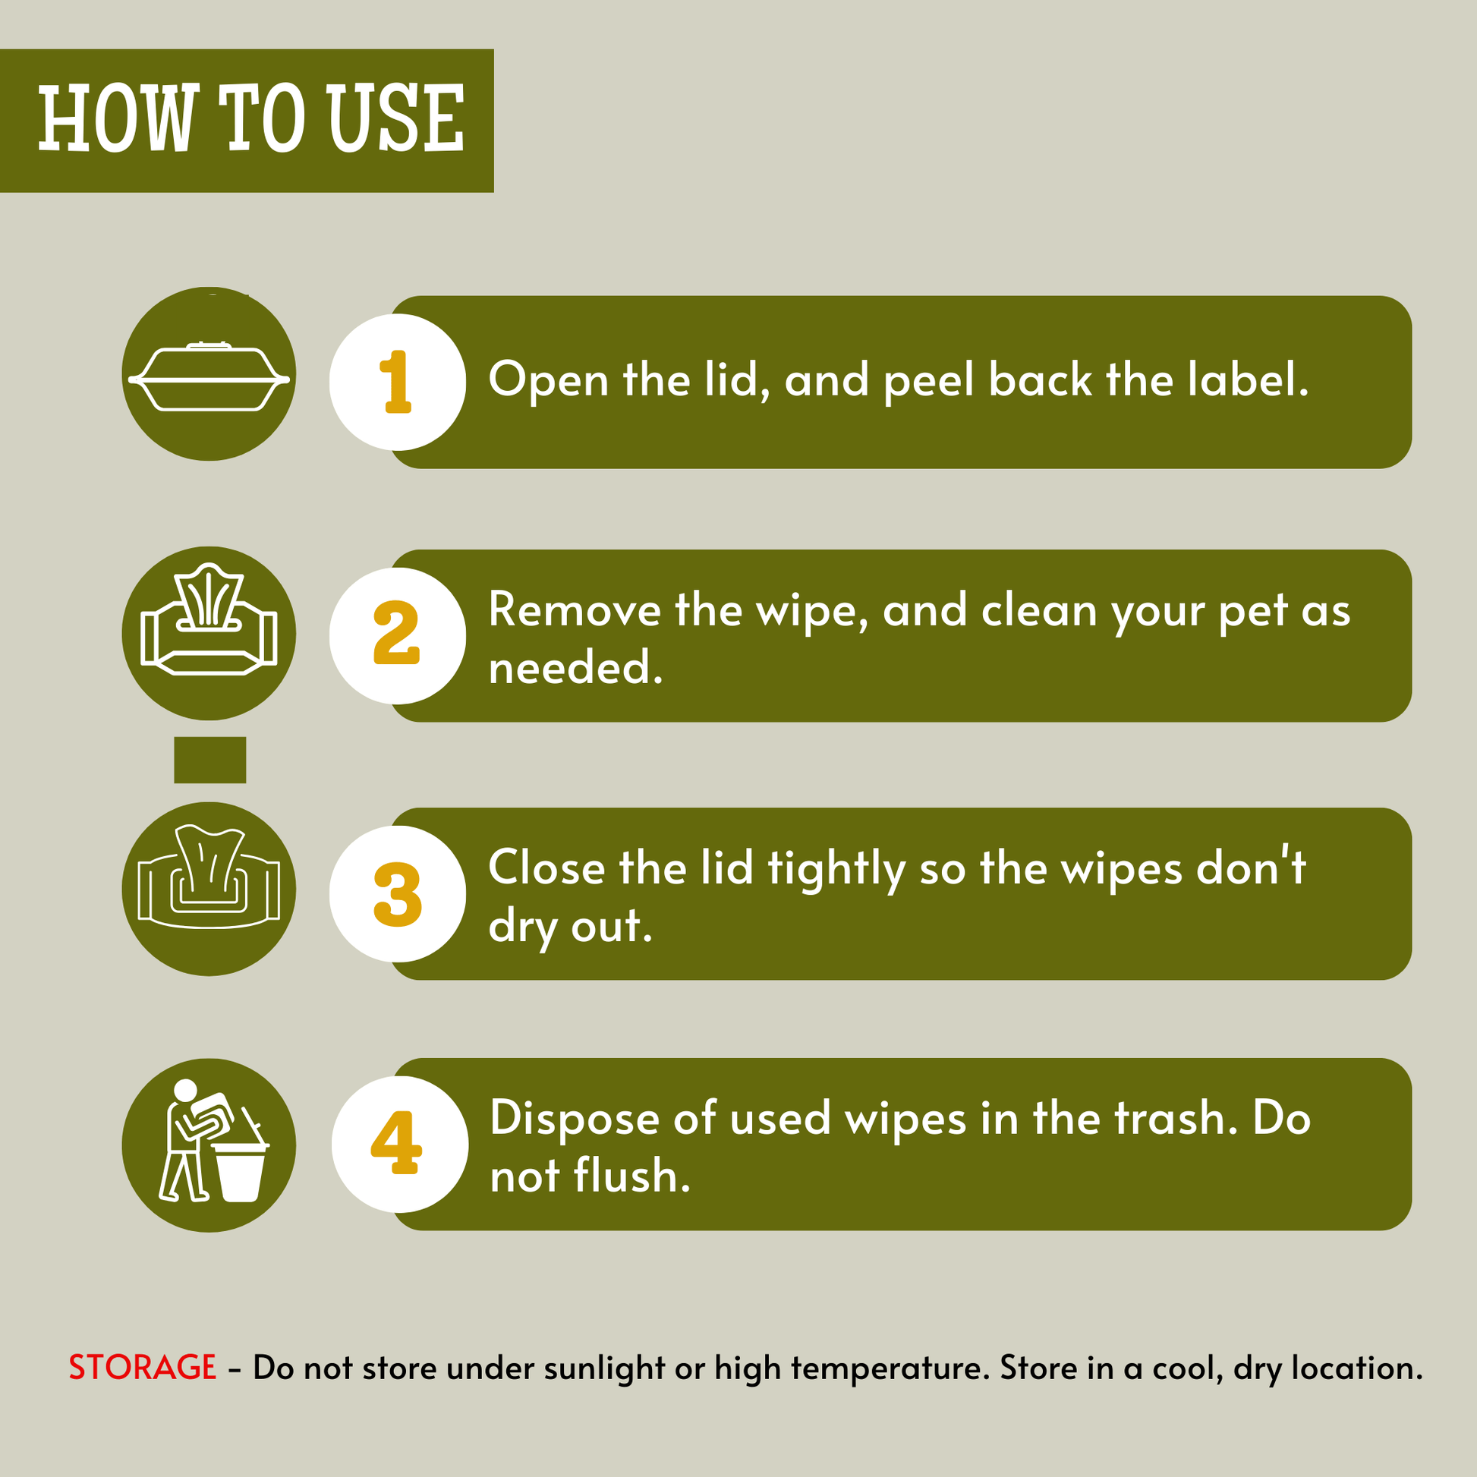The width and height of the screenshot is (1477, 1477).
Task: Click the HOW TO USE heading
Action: point(251,118)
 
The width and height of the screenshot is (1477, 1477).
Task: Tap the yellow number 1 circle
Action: point(397,383)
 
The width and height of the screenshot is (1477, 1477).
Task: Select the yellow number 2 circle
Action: point(397,635)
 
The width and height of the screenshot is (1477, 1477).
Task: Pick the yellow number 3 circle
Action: point(397,893)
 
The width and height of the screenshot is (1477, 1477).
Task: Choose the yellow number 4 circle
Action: point(399,1144)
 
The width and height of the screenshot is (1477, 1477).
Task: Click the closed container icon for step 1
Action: point(209,376)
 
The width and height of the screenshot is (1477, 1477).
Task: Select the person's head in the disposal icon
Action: point(186,1090)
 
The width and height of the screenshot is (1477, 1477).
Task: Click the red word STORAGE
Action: point(142,1368)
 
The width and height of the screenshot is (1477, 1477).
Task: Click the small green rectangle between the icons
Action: point(210,760)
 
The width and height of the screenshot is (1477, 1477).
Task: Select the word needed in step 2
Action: point(575,667)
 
